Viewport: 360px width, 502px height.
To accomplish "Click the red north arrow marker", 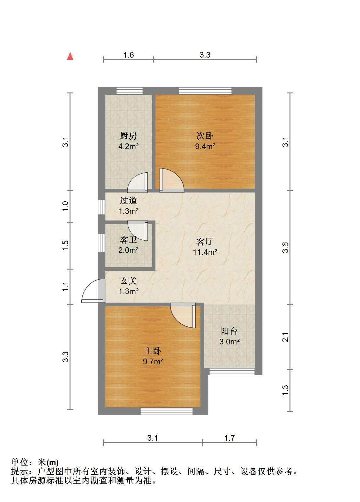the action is pyautogui.click(x=70, y=56).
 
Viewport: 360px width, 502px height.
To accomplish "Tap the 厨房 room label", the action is pyautogui.click(x=128, y=136).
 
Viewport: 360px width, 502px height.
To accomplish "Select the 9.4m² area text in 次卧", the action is pyautogui.click(x=205, y=146).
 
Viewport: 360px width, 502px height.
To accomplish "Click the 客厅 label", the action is pyautogui.click(x=205, y=241).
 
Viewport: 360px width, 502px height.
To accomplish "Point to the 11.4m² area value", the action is pyautogui.click(x=205, y=252).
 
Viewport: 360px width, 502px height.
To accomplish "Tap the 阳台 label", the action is pyautogui.click(x=229, y=331).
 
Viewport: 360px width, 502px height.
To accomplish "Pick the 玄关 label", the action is pyautogui.click(x=128, y=281).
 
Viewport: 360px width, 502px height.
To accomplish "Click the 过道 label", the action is pyautogui.click(x=128, y=200).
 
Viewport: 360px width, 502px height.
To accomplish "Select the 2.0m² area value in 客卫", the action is pyautogui.click(x=128, y=250).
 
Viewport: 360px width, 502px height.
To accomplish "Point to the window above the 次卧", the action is pyautogui.click(x=205, y=91).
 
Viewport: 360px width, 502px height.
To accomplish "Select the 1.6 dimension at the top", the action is pyautogui.click(x=128, y=55).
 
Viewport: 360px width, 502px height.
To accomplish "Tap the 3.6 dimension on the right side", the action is pyautogui.click(x=285, y=248).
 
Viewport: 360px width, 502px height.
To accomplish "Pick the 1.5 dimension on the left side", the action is pyautogui.click(x=65, y=246).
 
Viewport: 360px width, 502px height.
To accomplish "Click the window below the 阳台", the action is pyautogui.click(x=232, y=371).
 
